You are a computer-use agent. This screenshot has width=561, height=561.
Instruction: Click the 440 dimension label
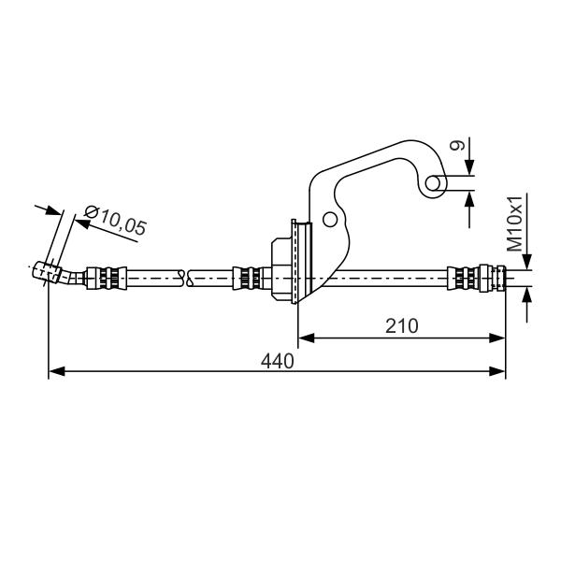pos(278,361)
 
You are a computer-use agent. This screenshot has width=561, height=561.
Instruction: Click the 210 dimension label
pos(401,326)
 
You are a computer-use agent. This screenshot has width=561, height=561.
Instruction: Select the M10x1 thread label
pos(514,223)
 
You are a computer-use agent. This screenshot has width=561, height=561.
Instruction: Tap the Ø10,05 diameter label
pos(116,220)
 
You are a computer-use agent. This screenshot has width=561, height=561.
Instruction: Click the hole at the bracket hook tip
pos(433,183)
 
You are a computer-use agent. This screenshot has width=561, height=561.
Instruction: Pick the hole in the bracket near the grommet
pos(329,220)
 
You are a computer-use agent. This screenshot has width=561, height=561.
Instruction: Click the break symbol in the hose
pos(186,278)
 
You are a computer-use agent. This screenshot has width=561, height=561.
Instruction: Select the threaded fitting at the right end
pos(492,278)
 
